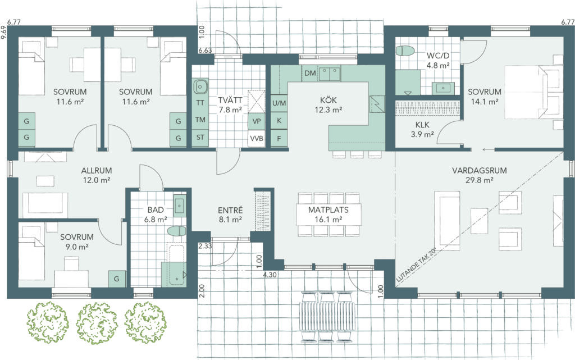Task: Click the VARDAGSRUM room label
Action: point(480,171)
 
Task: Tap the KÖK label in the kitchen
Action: point(328,100)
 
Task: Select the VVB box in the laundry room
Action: point(256,139)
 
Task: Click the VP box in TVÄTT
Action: point(256,121)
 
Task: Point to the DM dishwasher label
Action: point(310,73)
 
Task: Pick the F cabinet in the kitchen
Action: point(279,139)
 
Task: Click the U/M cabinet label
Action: point(279,103)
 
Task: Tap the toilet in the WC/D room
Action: point(405,51)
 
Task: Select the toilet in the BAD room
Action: point(177,231)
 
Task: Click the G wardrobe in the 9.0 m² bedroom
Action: point(117,279)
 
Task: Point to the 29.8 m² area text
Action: point(480,180)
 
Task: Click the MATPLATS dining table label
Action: point(328,210)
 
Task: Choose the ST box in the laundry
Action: point(200,138)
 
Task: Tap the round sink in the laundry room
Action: point(200,86)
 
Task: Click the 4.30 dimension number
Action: point(270,275)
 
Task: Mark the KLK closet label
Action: point(422,125)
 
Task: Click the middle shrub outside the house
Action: point(97,323)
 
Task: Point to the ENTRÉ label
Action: point(230,210)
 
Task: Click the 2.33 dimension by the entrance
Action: point(205,247)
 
